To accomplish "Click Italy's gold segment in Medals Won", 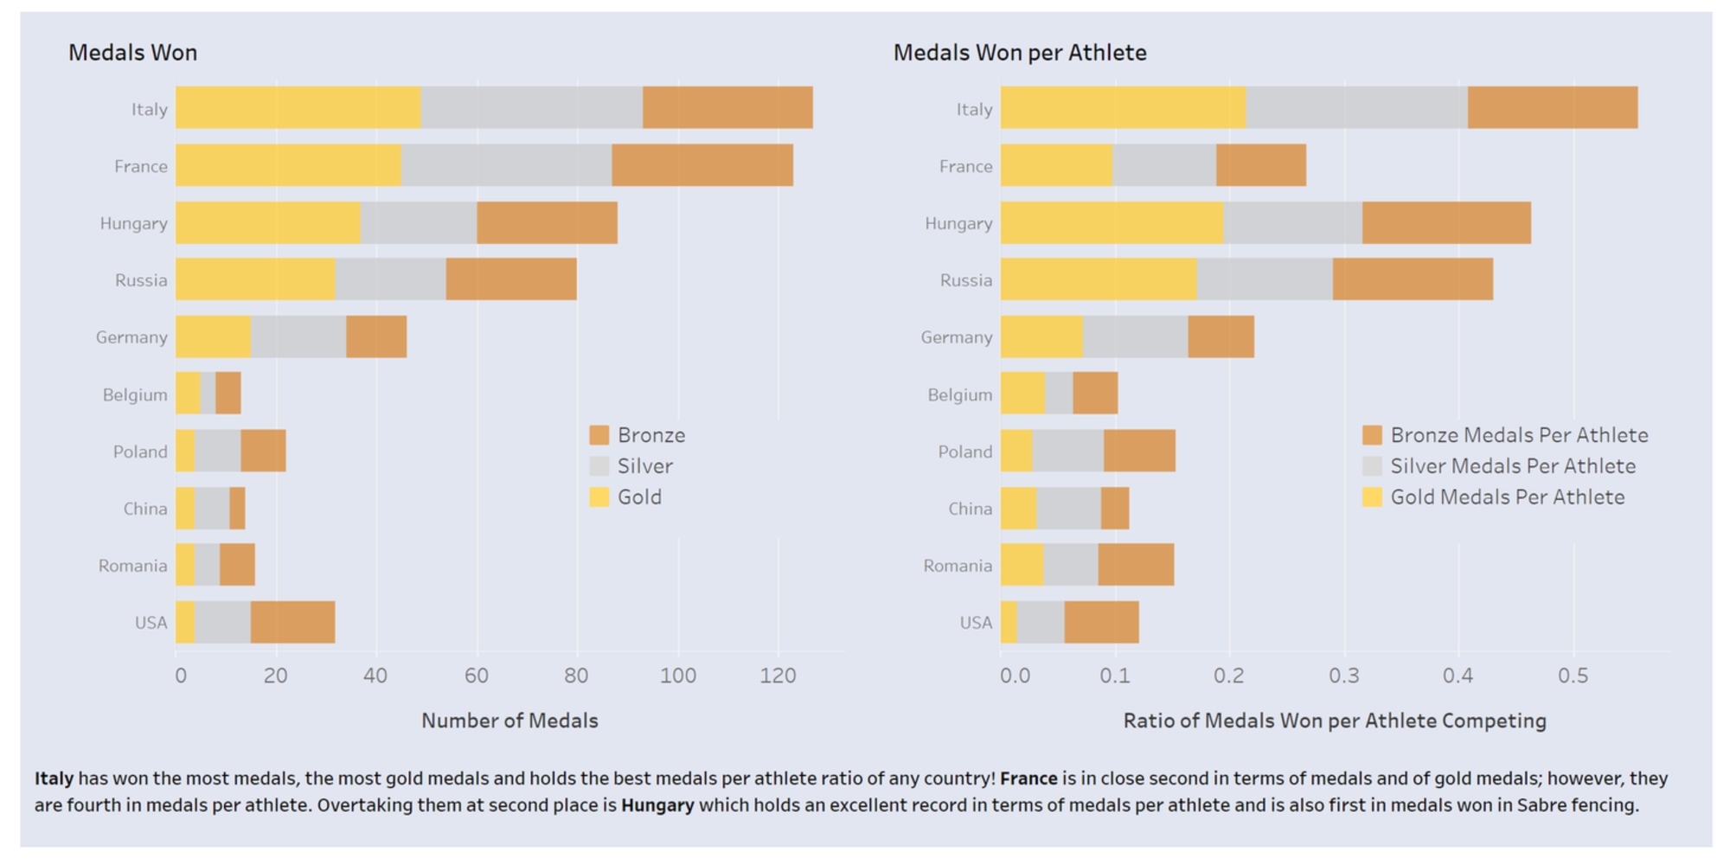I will click(x=298, y=107).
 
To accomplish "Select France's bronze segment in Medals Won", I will click(x=702, y=164).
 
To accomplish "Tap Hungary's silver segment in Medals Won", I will click(x=418, y=222).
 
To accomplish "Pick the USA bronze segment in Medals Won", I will click(x=292, y=622).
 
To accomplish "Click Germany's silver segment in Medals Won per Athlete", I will click(x=1134, y=337).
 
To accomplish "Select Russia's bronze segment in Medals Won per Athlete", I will click(x=1412, y=279).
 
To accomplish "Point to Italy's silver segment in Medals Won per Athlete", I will click(x=1355, y=107).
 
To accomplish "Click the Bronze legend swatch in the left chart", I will click(x=599, y=434).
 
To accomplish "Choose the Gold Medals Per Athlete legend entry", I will click(x=1506, y=497).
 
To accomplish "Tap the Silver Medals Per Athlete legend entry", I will click(x=1512, y=465).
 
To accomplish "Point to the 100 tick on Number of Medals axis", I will click(x=677, y=676).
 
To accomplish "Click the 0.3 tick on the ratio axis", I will click(x=1343, y=676).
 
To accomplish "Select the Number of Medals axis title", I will click(x=509, y=721).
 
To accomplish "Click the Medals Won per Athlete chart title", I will click(x=1019, y=53).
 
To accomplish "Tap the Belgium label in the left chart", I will click(x=135, y=394).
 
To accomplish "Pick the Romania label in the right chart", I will click(x=957, y=566).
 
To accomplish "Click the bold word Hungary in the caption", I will click(x=657, y=805).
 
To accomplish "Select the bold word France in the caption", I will click(x=1028, y=778).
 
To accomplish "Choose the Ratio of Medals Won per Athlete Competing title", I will click(x=1334, y=721).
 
